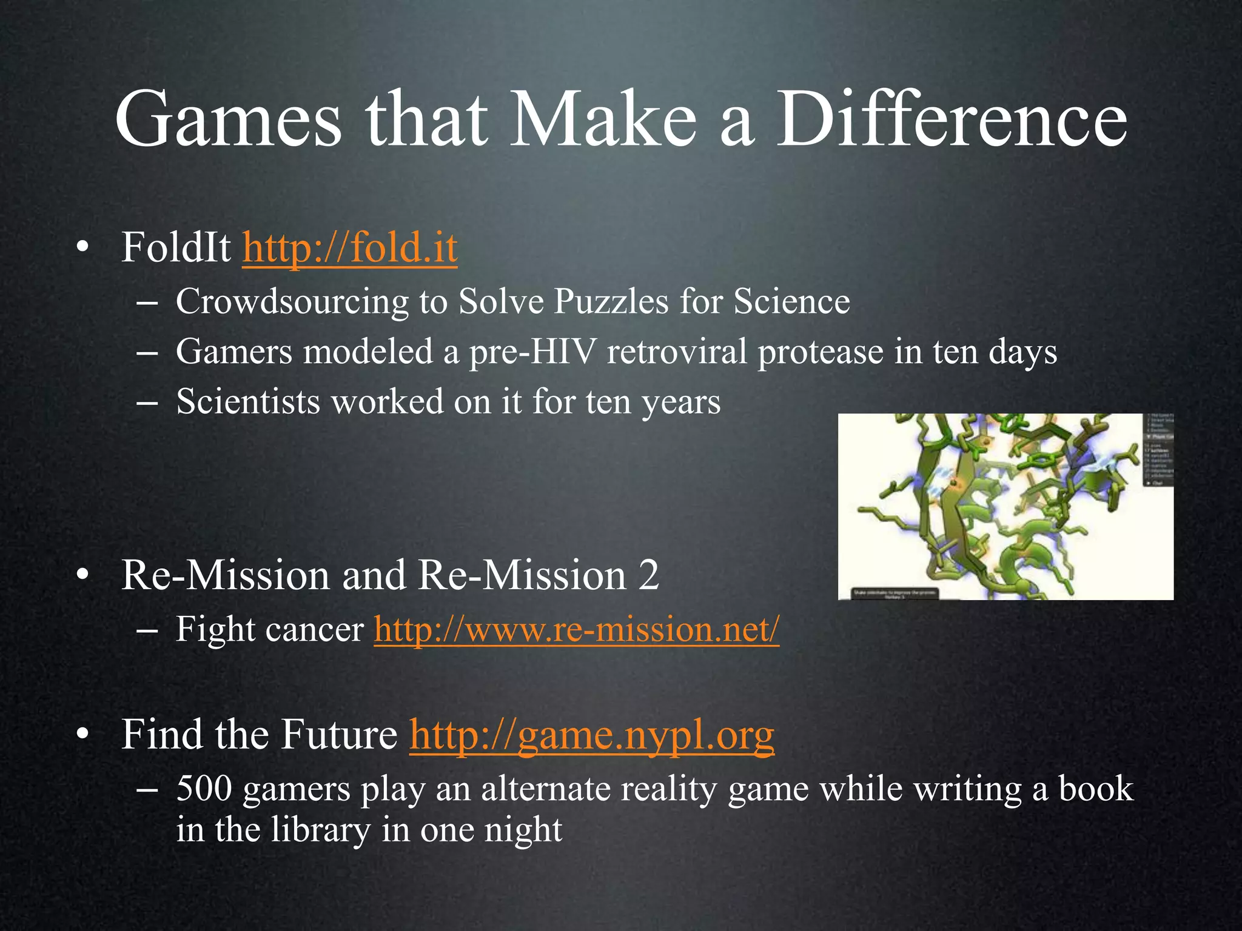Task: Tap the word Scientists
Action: tap(247, 401)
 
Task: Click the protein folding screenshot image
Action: tap(1005, 507)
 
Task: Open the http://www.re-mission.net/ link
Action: tap(576, 629)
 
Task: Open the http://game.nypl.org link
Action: tap(592, 735)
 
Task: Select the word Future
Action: tap(340, 735)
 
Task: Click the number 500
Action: tap(204, 789)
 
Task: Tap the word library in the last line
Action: tap(320, 829)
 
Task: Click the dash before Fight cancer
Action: tap(147, 630)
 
